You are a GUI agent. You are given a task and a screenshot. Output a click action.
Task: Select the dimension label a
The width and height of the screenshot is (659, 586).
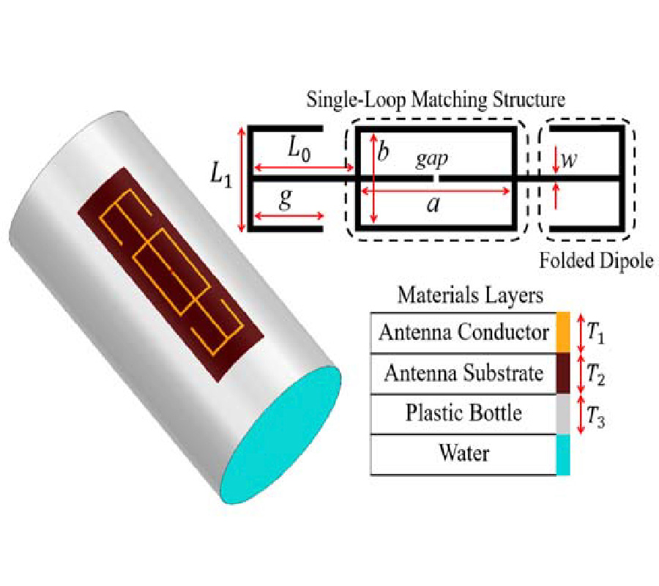pos(433,204)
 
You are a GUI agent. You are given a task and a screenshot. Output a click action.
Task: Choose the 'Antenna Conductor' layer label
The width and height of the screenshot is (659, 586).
pos(463,333)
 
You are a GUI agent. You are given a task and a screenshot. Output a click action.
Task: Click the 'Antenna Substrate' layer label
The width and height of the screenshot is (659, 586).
pos(463,373)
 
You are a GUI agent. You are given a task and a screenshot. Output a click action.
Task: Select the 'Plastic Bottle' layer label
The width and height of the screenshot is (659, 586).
pos(463,413)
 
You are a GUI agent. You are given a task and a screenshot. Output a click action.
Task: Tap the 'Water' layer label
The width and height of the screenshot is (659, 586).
pos(463,453)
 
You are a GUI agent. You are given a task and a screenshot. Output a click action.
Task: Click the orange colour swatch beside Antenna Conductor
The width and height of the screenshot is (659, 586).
pos(563,333)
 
